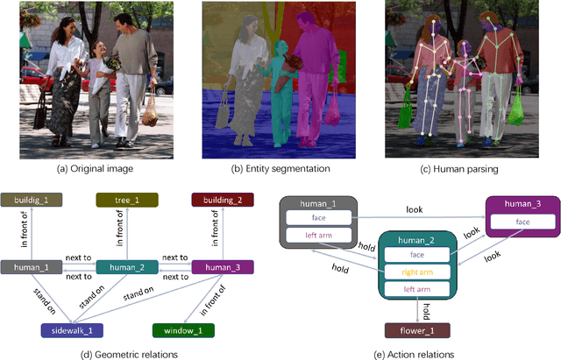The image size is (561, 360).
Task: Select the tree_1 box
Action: click(x=128, y=200)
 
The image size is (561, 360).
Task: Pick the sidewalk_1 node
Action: click(x=71, y=331)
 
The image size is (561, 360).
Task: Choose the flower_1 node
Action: click(x=419, y=331)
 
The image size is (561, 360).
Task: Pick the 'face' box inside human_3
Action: click(x=522, y=222)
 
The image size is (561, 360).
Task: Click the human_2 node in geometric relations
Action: click(x=128, y=266)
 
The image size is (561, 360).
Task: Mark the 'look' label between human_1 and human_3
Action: click(x=415, y=210)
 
